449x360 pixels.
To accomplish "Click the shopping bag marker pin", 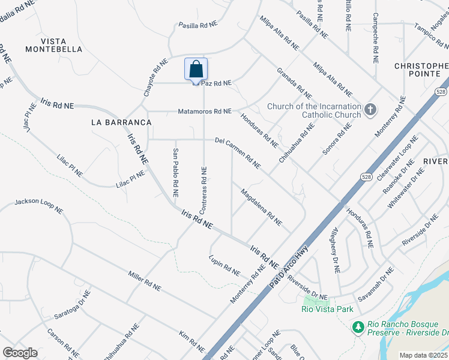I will point(196,70).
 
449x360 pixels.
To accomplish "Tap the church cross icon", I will point(370,109).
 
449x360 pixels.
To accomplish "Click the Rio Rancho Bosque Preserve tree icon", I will point(358,328).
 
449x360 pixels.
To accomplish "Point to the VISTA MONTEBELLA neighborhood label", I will point(53,45).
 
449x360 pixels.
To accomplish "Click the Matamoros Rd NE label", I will point(204,112).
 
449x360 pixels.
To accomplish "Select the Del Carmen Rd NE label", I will point(237,152).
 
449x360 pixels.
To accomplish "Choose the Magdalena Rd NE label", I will point(261,208).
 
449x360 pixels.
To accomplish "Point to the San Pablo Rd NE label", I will point(175,173).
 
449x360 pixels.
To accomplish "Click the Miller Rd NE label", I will point(145,281).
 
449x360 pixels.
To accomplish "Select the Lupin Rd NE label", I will point(224,265).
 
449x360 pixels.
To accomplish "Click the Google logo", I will point(20,353).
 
